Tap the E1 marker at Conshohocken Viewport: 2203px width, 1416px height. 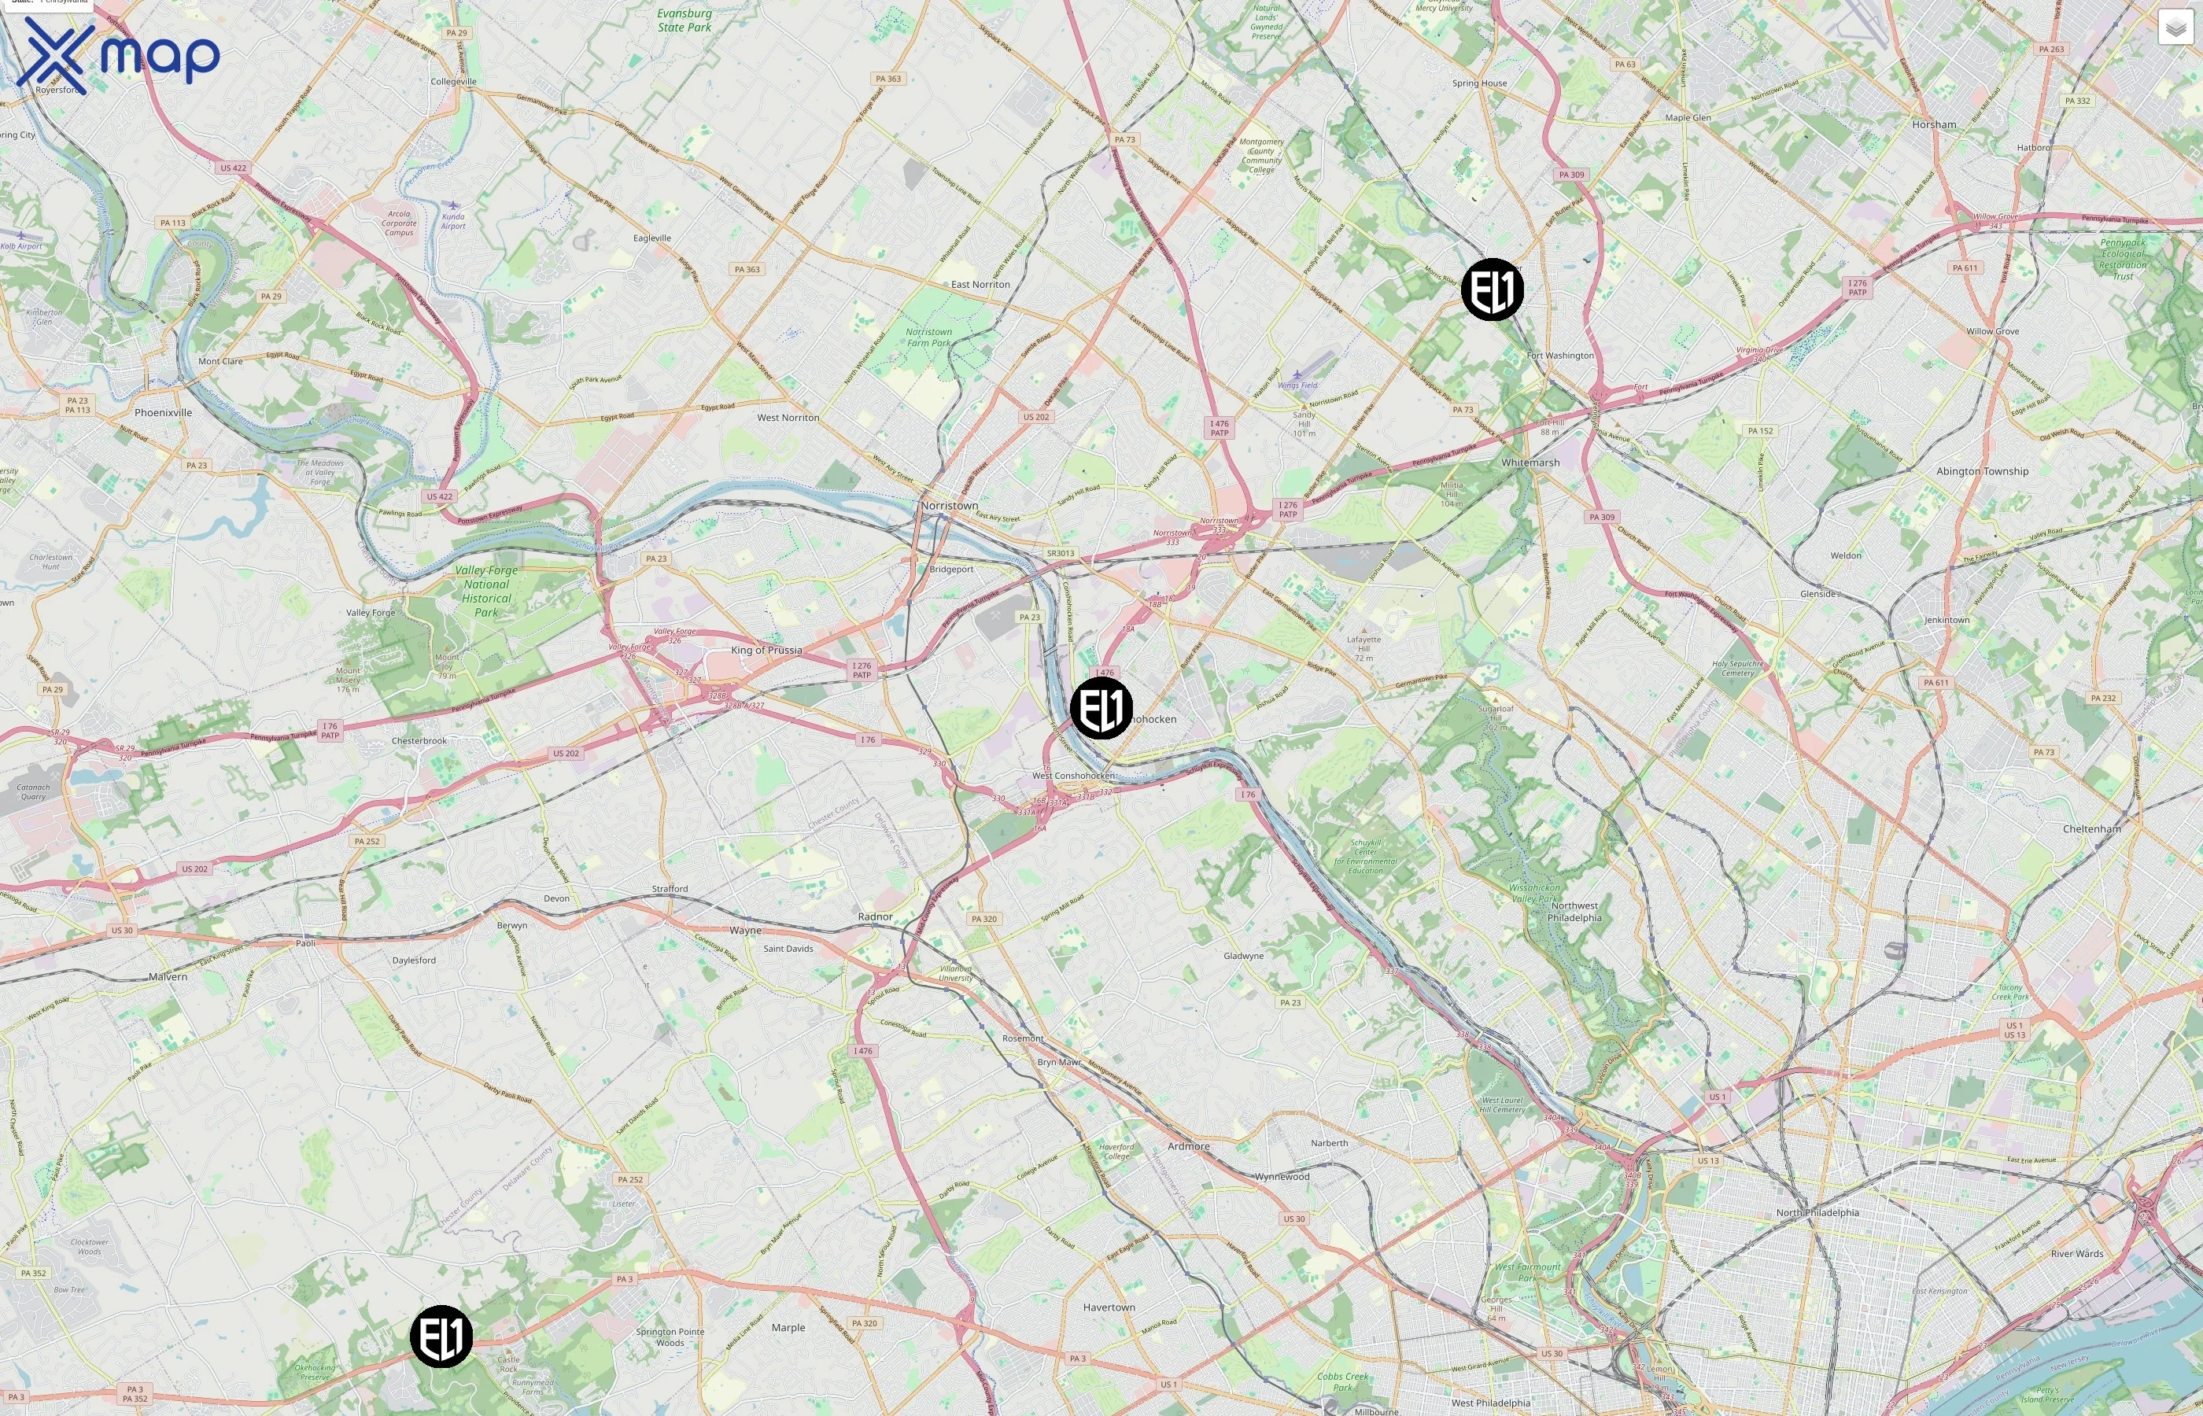[1101, 708]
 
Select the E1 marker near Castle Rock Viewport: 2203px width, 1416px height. [441, 1336]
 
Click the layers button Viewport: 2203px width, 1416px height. [2175, 28]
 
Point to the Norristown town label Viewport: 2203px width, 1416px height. [950, 506]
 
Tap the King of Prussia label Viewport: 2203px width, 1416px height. [766, 650]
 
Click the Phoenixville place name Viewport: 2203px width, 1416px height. [164, 413]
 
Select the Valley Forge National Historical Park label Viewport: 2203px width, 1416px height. [486, 592]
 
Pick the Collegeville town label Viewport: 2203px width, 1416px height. [453, 82]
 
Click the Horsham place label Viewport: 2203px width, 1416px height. [1934, 125]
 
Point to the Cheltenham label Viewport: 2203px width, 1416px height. [2092, 829]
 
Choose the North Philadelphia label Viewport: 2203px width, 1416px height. [1817, 1213]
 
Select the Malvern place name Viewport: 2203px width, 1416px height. [168, 976]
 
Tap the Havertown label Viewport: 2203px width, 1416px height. [1109, 1307]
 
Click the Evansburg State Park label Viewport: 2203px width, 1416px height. [684, 20]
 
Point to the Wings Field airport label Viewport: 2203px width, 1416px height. [1297, 385]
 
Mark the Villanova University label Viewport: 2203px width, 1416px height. [956, 973]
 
